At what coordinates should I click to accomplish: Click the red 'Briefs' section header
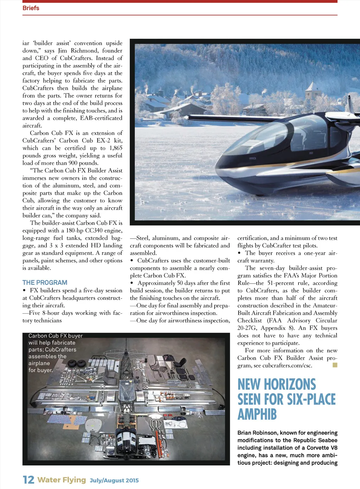point(31,8)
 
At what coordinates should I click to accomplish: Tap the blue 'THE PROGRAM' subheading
point(45,282)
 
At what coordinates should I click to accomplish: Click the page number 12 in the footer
point(28,480)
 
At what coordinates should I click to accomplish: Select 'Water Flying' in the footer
point(62,480)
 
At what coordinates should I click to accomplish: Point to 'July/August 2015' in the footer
point(114,480)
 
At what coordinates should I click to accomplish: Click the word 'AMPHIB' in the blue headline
point(257,414)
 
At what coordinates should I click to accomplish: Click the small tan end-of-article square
point(335,365)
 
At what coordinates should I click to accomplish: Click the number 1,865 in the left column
point(116,148)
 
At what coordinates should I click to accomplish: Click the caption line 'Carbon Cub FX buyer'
point(56,336)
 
